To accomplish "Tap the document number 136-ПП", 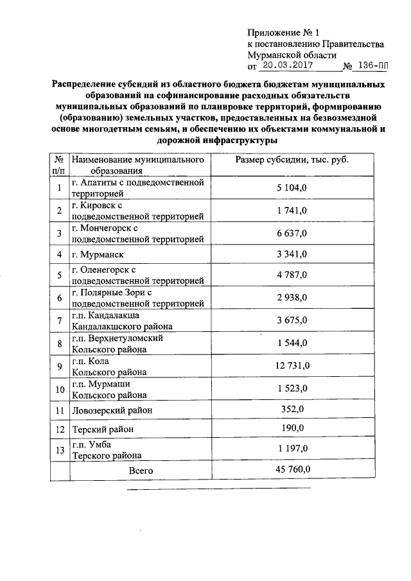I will [x=373, y=65].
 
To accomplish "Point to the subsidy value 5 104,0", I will [x=292, y=187].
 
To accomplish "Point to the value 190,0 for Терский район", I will [x=292, y=428].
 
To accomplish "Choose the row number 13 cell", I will [x=59, y=450].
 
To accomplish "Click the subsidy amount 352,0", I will [x=292, y=409].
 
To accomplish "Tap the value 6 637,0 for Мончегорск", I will [x=292, y=232].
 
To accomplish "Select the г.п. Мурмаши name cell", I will [x=109, y=389].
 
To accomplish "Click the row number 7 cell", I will [x=59, y=321].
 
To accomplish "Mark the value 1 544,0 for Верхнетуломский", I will [x=292, y=343].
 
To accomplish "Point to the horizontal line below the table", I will [x=218, y=489].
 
